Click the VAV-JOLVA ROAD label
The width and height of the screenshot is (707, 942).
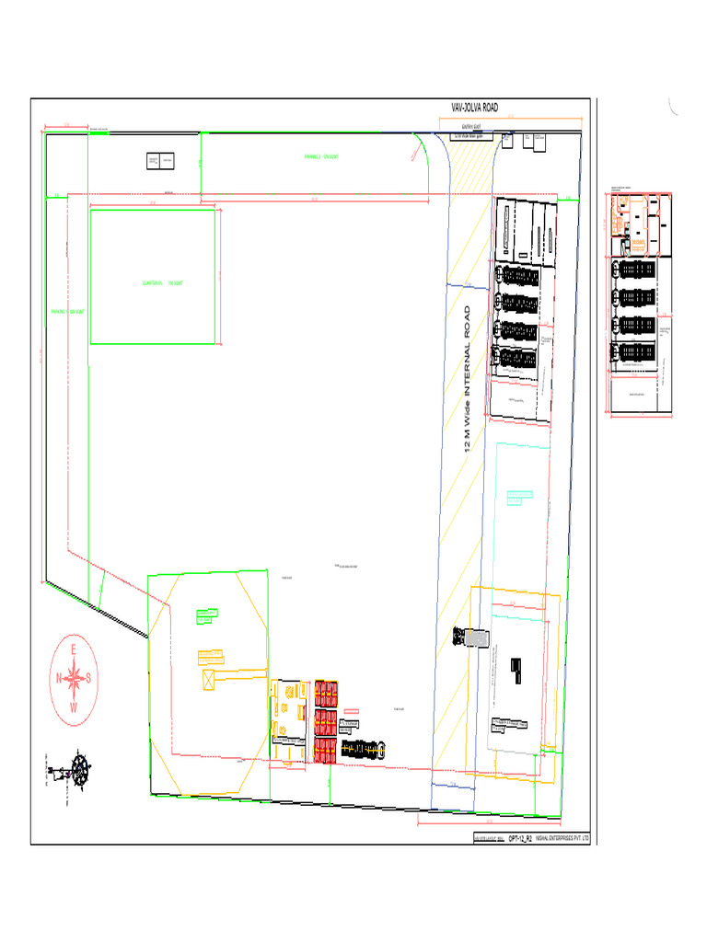[474, 109]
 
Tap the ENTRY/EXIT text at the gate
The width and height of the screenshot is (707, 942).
[473, 128]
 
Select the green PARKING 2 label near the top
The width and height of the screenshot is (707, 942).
[321, 157]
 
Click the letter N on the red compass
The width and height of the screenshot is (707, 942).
[59, 679]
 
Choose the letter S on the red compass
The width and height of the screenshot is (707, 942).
[89, 679]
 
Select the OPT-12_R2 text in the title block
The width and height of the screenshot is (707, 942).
[521, 840]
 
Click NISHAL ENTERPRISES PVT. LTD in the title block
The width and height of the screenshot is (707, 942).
[562, 840]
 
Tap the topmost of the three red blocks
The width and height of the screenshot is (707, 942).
[326, 692]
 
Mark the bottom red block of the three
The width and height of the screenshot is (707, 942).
[326, 750]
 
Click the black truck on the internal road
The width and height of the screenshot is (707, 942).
[472, 637]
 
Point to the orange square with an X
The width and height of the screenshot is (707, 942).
[209, 680]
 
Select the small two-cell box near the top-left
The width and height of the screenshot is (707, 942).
[160, 161]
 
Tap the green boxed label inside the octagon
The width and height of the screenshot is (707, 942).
[206, 615]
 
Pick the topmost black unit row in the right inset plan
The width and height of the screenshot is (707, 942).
[635, 270]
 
